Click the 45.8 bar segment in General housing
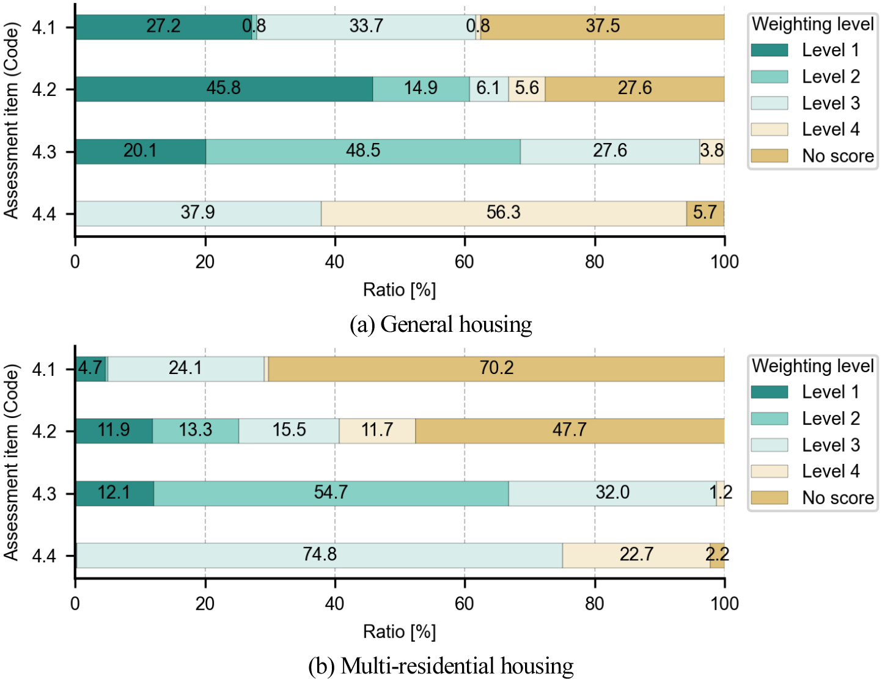[224, 89]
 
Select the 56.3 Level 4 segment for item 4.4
[503, 213]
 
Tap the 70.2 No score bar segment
[496, 369]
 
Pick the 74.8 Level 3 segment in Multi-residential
[319, 555]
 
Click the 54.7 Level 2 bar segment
[331, 493]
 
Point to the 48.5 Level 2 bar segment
[363, 152]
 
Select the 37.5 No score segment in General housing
[602, 27]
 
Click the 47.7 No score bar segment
[570, 431]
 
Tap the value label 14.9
[421, 89]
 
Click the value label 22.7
[636, 554]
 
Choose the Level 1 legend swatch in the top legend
[770, 50]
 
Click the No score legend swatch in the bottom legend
[770, 497]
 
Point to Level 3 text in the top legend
[831, 103]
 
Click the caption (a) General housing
[441, 324]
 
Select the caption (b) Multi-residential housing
[441, 666]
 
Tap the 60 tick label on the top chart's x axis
[465, 262]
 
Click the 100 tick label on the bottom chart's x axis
[724, 604]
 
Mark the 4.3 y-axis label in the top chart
[44, 152]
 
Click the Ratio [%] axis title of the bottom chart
[399, 631]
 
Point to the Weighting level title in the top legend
[812, 24]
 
